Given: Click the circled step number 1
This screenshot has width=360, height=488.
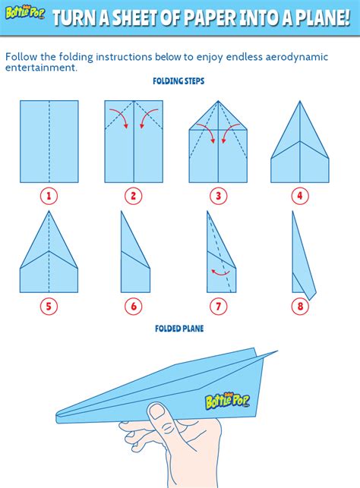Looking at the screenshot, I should point(49,197).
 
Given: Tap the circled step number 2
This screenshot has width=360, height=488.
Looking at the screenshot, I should point(134,197).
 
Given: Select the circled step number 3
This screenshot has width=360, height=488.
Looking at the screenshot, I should point(218,197).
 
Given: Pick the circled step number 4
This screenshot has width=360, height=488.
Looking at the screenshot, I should point(300,197).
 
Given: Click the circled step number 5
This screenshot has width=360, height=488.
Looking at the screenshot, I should point(49,307).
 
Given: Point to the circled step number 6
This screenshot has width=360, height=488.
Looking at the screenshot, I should point(134,307).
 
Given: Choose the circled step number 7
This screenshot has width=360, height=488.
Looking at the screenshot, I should point(218,307).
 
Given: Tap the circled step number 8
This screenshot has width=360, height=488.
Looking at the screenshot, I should point(300,307).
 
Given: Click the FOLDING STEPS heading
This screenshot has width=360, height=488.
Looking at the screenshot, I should point(178,80).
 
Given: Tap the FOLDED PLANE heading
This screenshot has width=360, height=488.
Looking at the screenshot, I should point(178,329).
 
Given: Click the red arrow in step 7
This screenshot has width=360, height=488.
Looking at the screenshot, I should point(221,272).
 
